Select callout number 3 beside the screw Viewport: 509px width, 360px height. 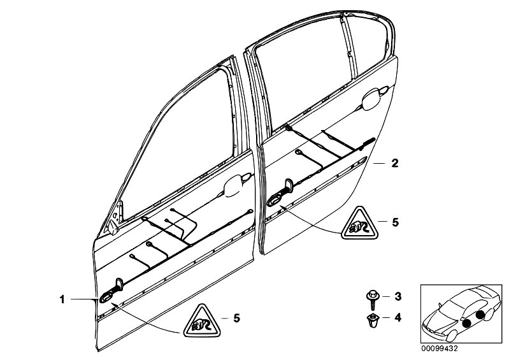[397, 297]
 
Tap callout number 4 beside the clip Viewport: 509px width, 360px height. [397, 316]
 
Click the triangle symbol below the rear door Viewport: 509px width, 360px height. [359, 224]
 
